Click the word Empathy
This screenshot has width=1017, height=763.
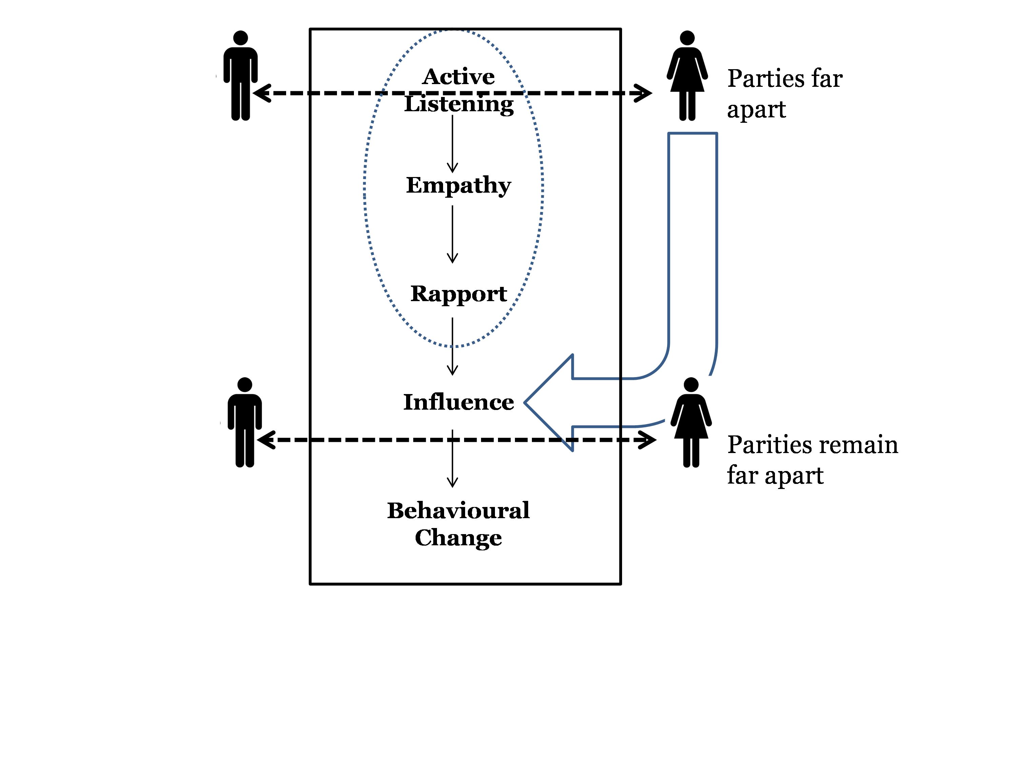(x=458, y=186)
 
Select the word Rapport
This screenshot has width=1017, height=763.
(x=458, y=294)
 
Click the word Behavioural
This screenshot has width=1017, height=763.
(x=458, y=510)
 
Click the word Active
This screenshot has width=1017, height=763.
(x=458, y=76)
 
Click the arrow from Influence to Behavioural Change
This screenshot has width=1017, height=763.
(x=453, y=458)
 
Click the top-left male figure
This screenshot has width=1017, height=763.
(x=240, y=76)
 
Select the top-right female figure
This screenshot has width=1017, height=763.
(x=687, y=76)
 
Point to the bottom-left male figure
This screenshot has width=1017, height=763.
(x=245, y=423)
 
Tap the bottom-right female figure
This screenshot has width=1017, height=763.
(x=691, y=423)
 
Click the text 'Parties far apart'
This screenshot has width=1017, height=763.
(x=785, y=94)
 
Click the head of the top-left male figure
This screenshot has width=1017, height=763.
(x=240, y=38)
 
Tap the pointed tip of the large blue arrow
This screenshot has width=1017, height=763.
(x=524, y=403)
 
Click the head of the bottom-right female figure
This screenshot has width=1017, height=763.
(x=691, y=385)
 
